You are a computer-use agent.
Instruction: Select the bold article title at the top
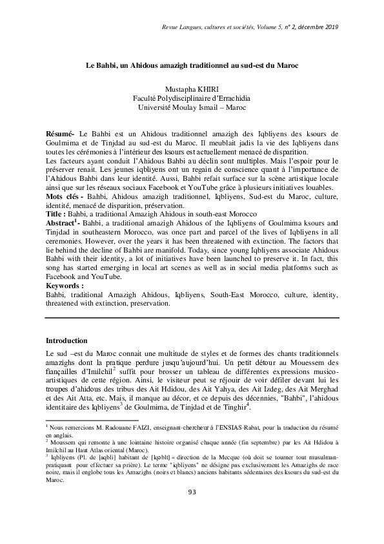click(192, 65)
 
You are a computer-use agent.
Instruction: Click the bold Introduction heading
click(72, 340)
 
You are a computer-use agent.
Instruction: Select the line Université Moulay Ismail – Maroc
click(192, 107)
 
